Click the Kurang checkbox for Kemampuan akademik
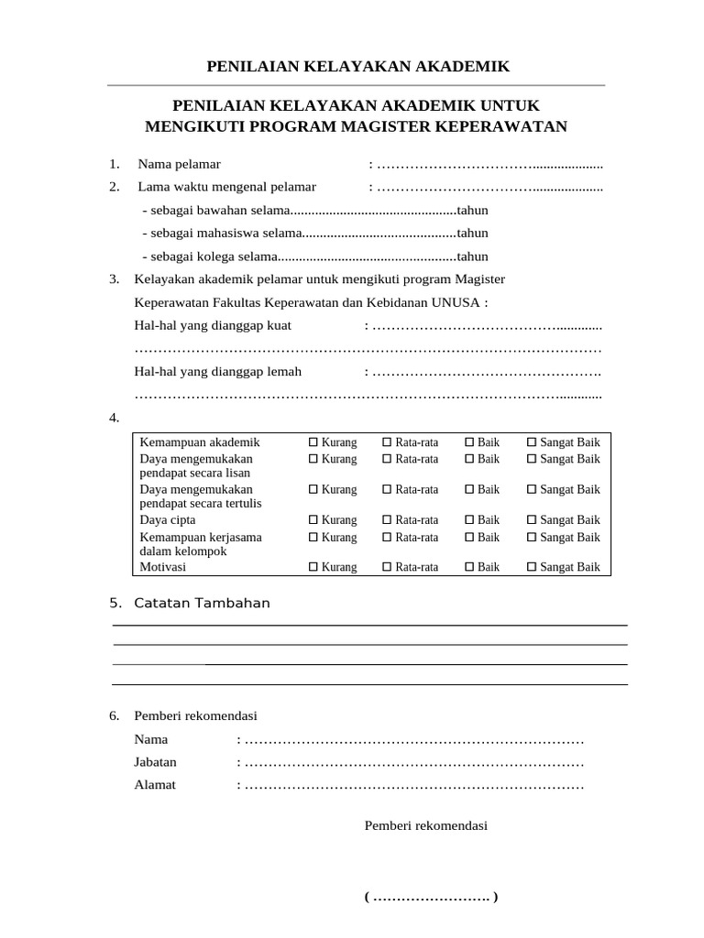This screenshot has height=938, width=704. tap(313, 442)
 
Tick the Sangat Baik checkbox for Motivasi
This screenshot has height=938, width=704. tap(532, 567)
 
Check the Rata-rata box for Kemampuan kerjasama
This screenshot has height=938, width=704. tap(387, 537)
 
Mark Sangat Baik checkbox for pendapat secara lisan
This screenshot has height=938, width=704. tap(532, 458)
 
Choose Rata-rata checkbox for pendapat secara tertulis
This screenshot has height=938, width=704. tap(387, 489)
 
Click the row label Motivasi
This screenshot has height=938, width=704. tap(162, 567)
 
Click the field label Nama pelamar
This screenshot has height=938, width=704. tap(180, 164)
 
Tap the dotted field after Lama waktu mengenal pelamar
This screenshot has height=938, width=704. tap(489, 187)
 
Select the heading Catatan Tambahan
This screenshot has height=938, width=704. tap(202, 603)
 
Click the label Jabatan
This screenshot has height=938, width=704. tap(156, 761)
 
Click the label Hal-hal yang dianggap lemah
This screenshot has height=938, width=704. tap(218, 371)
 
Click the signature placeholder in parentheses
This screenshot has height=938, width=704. tap(431, 897)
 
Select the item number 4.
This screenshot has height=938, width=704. tap(115, 418)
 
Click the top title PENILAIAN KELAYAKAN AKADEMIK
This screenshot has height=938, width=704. tap(357, 66)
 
